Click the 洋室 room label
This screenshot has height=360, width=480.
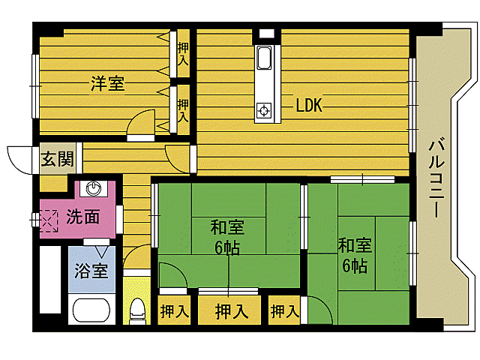[x=108, y=84]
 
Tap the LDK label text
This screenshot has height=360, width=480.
[x=307, y=106]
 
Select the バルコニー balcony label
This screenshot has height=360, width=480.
[x=437, y=178]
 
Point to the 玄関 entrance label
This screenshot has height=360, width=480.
[x=57, y=159]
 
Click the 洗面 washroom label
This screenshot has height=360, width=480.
[x=82, y=217]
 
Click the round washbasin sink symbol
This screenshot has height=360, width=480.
[x=94, y=187]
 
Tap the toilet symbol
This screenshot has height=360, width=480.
[x=137, y=309]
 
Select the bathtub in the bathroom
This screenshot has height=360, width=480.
[x=91, y=310]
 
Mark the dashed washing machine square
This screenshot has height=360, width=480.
[x=49, y=220]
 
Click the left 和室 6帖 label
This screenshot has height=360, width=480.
[x=226, y=236]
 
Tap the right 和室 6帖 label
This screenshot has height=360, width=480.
[x=354, y=254]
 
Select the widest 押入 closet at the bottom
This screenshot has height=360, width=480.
[x=229, y=310]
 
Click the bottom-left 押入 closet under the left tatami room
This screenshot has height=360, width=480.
[x=174, y=310]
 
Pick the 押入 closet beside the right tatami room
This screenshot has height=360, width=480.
[x=283, y=310]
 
